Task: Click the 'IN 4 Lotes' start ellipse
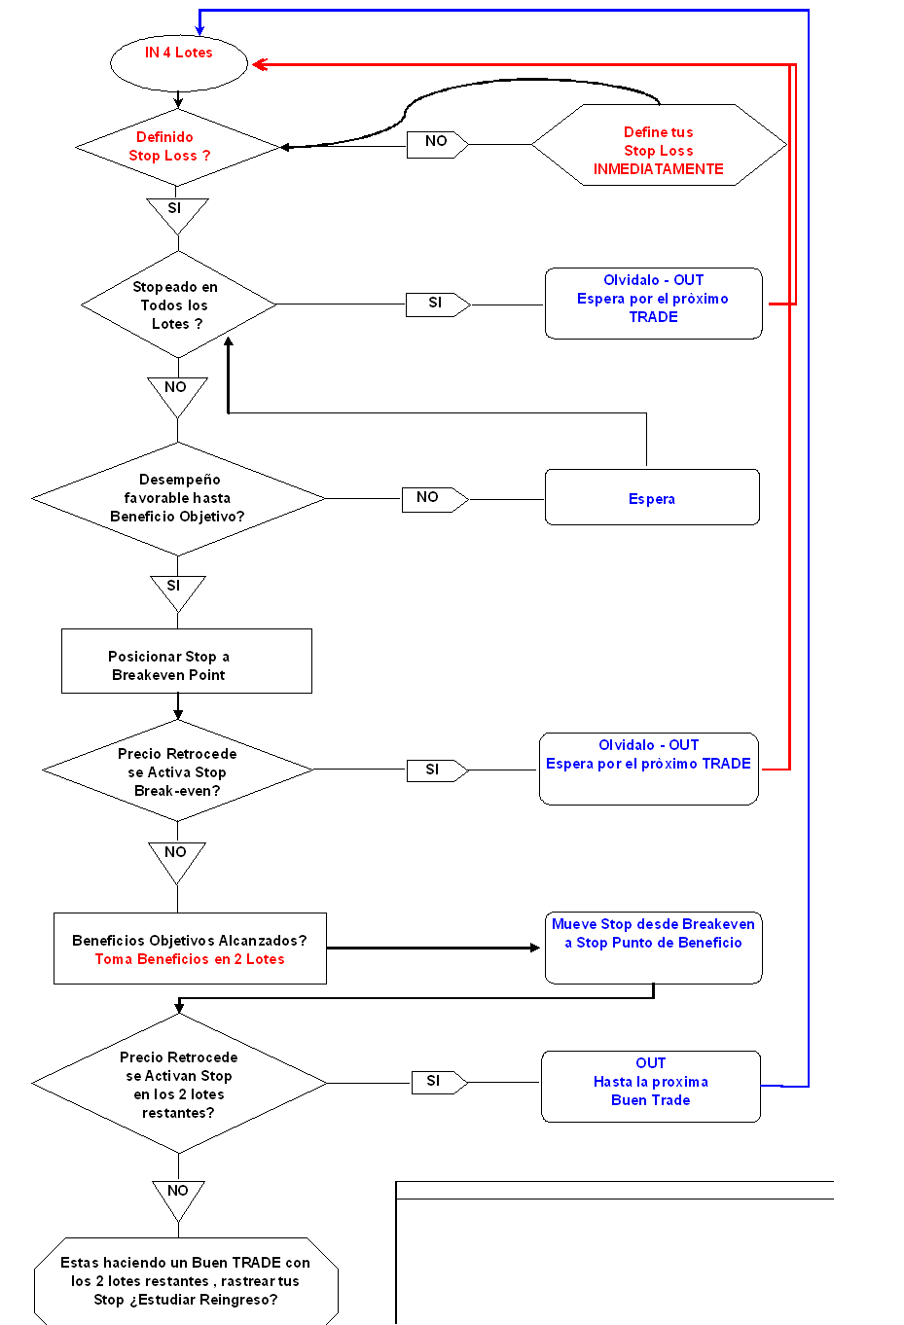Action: click(179, 62)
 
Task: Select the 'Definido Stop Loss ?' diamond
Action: click(177, 147)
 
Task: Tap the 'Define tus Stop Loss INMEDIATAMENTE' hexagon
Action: click(659, 145)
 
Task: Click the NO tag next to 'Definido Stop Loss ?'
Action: click(437, 144)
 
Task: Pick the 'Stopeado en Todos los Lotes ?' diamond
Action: click(178, 304)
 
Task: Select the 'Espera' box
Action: click(652, 497)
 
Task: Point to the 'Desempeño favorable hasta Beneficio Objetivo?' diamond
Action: click(178, 499)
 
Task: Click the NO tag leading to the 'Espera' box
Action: click(435, 499)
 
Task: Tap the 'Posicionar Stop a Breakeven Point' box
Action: click(187, 661)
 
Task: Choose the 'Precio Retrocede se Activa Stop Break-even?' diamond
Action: click(177, 770)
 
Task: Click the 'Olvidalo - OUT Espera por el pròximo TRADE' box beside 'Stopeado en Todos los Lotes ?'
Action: click(653, 304)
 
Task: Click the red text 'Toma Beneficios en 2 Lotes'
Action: click(190, 959)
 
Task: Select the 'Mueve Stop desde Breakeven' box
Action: click(653, 948)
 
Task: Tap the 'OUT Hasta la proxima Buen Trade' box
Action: click(651, 1086)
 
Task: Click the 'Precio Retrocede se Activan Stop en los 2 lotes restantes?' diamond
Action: click(179, 1083)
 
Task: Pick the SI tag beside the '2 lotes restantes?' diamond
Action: click(439, 1082)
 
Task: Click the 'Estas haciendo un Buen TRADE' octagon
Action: click(186, 1280)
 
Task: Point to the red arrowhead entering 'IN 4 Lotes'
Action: click(260, 64)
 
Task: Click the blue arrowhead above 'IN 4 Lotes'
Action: click(199, 29)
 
